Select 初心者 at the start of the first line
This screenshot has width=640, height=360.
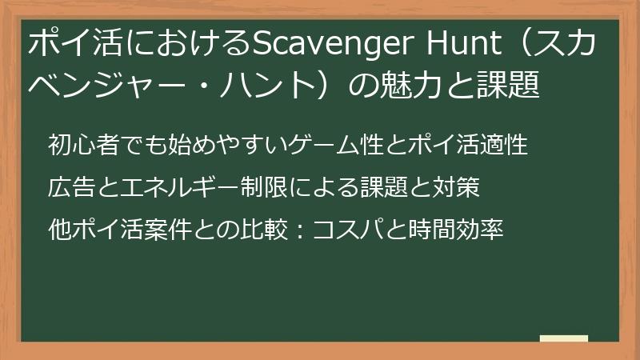(x=82, y=146)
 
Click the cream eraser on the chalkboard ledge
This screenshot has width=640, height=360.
(x=564, y=338)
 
